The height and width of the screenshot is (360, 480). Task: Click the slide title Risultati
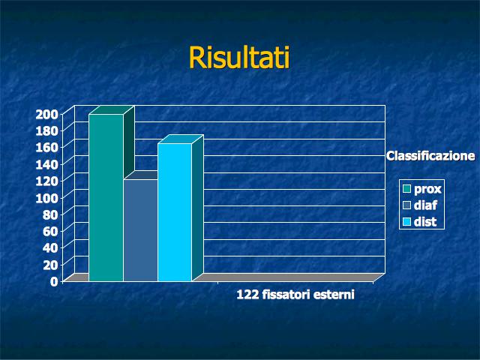[239, 58]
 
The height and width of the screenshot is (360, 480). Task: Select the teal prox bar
[106, 197]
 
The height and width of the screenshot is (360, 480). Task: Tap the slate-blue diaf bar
[140, 230]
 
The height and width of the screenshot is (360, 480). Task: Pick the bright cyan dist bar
[175, 212]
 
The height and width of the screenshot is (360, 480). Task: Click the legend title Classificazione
[430, 156]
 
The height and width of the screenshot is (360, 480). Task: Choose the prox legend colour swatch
[406, 188]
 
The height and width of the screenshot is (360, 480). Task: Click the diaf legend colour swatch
[406, 205]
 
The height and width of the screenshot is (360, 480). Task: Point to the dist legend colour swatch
[406, 222]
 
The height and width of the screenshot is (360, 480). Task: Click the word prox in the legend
[427, 190]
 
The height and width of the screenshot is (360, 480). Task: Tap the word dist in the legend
[425, 222]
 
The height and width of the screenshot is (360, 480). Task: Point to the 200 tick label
[46, 115]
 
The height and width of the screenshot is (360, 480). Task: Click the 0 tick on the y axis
[54, 281]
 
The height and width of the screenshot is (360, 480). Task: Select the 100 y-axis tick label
[46, 198]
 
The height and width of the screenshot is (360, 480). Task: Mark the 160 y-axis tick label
[46, 148]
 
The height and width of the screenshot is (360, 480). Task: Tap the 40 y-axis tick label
[50, 248]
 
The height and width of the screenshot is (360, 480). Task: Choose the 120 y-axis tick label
[46, 181]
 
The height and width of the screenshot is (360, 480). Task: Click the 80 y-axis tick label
[50, 214]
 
